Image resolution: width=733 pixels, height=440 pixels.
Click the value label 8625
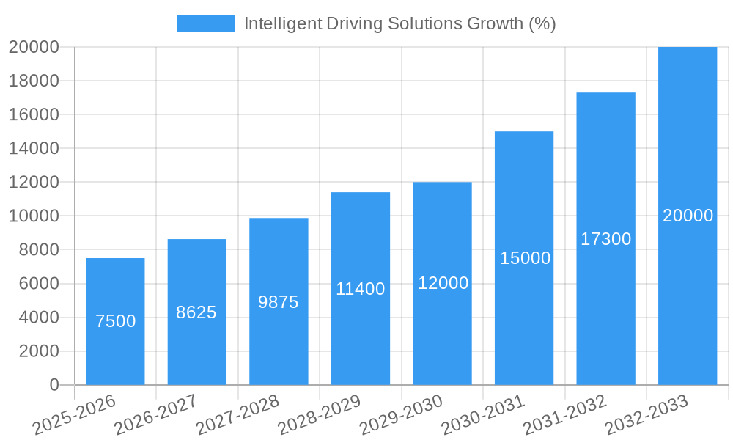[196, 312]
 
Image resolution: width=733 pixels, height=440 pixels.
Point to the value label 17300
[605, 239]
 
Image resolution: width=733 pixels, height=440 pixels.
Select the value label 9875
[279, 302]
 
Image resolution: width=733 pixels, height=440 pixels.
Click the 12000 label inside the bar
[443, 283]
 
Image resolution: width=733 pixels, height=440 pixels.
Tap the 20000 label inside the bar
[688, 216]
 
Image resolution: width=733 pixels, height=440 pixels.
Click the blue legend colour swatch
[206, 23]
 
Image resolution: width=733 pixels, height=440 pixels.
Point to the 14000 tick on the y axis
[34, 149]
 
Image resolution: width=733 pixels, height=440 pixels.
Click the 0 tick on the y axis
[54, 385]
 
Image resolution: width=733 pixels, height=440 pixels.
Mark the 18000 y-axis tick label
[34, 81]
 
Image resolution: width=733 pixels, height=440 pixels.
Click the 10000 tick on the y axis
[34, 216]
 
